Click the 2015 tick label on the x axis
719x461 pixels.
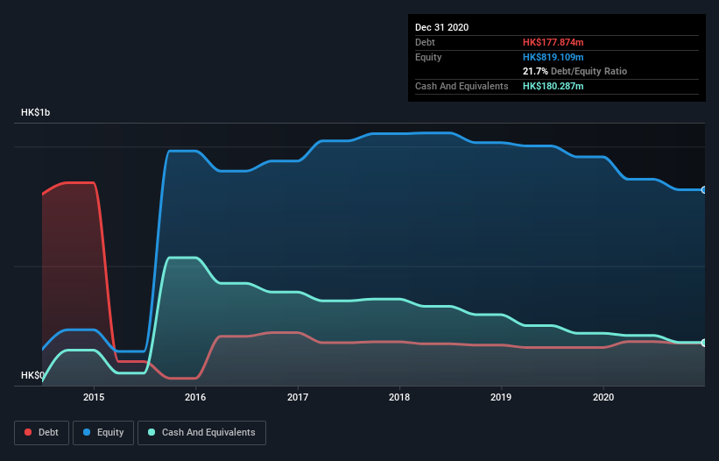[x=94, y=397]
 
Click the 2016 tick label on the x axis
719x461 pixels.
[x=195, y=397]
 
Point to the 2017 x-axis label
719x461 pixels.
[x=298, y=397]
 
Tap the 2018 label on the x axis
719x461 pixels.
[x=399, y=397]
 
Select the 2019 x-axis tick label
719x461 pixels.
[x=501, y=397]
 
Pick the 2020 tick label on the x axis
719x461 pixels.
[x=603, y=397]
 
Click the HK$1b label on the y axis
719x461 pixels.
[x=38, y=113]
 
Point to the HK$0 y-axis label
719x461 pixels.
[x=32, y=375]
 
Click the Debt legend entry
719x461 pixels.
[x=42, y=432]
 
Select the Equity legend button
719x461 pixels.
[x=104, y=432]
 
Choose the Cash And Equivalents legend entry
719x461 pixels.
[x=201, y=432]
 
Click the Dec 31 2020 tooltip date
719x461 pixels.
[x=441, y=27]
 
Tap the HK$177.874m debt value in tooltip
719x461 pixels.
[x=553, y=42]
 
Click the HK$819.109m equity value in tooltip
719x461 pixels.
[x=553, y=57]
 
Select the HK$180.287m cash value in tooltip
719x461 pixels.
[x=553, y=86]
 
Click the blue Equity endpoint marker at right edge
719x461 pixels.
[x=704, y=189]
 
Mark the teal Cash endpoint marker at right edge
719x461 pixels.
[x=704, y=343]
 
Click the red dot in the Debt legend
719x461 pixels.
[x=29, y=432]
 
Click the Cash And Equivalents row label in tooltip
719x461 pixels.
[x=461, y=86]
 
